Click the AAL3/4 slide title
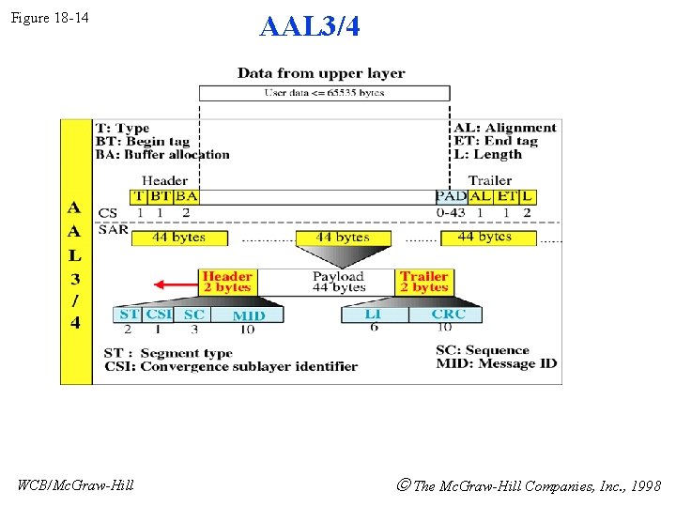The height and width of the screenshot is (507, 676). pos(309,26)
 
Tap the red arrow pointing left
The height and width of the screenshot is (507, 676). pos(176,284)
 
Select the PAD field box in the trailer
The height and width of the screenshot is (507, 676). pos(451,196)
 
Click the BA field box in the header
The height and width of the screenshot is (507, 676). pos(186,196)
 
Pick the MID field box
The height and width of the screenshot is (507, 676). pos(248,315)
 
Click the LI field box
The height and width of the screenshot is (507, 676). pos(373,314)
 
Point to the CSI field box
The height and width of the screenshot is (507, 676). pos(159,315)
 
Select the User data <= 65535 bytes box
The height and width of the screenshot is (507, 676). pos(324,93)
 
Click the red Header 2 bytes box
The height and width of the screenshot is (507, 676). pos(227,282)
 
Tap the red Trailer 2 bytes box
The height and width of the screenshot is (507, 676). pos(423,282)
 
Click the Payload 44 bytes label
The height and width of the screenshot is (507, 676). pos(338,282)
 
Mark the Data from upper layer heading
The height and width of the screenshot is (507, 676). pos(321,72)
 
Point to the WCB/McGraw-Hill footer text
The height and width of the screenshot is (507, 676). pos(76,484)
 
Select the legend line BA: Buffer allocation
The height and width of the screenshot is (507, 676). pos(162,155)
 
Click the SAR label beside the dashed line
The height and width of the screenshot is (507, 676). pos(113,229)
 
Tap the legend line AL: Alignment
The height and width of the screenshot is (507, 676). pos(505,128)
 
